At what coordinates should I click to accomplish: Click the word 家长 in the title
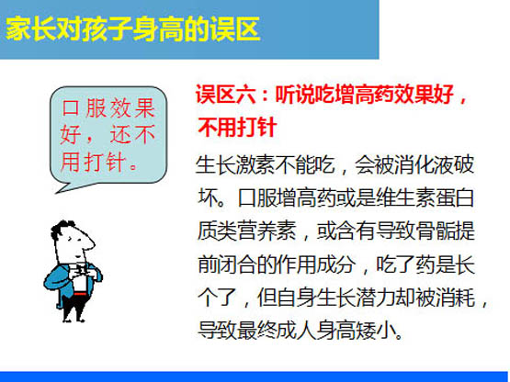[31, 29]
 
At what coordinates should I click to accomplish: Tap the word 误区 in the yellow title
[235, 29]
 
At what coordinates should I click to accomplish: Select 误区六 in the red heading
[225, 95]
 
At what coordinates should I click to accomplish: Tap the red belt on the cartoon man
[80, 294]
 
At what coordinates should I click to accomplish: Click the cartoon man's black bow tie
[81, 268]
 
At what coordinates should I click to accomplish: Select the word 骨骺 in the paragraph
[436, 231]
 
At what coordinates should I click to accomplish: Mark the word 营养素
[267, 231]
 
